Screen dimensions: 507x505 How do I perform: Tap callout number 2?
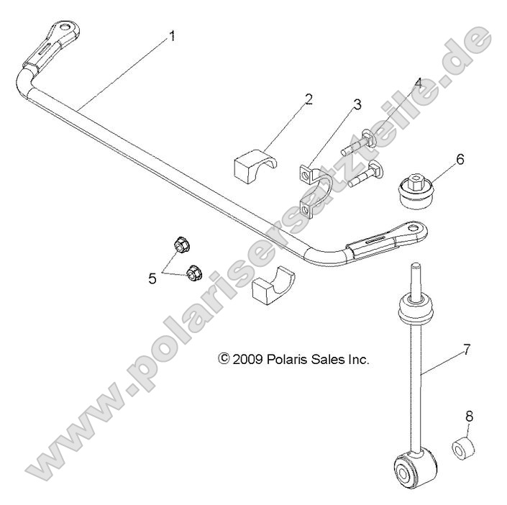coord(309,99)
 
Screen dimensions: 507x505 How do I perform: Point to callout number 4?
coord(418,83)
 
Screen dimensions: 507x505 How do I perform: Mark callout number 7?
coord(466,350)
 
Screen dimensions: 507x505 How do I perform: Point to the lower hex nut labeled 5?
coord(193,272)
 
